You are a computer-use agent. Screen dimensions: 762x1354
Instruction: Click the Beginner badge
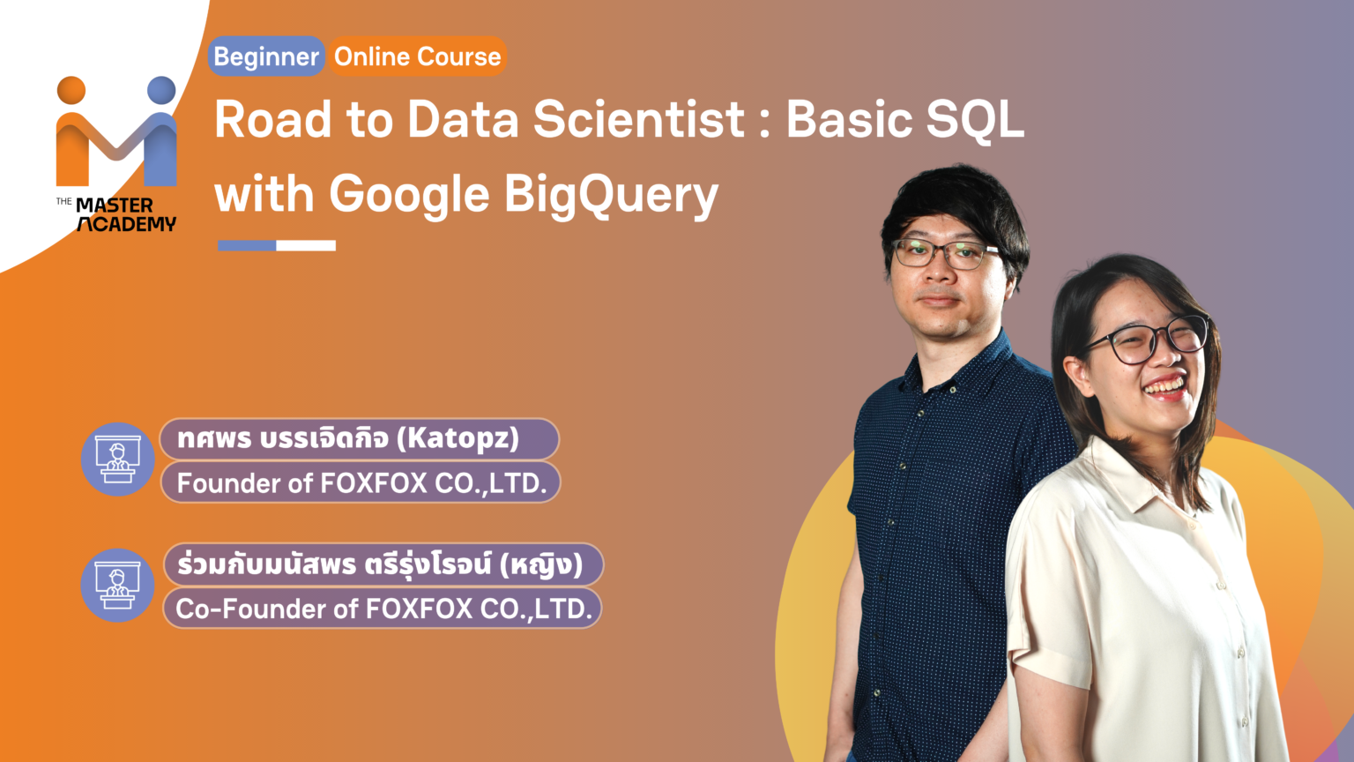pyautogui.click(x=266, y=56)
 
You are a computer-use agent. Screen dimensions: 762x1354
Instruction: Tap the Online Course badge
pyautogui.click(x=417, y=56)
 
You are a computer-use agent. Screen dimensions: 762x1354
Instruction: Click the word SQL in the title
pyautogui.click(x=975, y=120)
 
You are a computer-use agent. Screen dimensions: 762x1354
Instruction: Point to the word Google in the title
pyautogui.click(x=409, y=195)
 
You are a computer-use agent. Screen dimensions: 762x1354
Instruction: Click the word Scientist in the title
pyautogui.click(x=639, y=120)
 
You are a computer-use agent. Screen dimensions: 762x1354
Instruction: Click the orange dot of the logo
pyautogui.click(x=71, y=90)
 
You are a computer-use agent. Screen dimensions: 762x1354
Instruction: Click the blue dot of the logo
pyautogui.click(x=161, y=90)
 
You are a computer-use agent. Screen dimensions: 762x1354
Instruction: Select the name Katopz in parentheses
pyautogui.click(x=458, y=438)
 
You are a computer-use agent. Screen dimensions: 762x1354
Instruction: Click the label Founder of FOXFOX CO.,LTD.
pyautogui.click(x=361, y=483)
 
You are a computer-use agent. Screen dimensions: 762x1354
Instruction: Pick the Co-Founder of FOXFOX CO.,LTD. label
pyautogui.click(x=383, y=609)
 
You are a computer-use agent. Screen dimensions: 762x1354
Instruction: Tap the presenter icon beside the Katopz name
pyautogui.click(x=118, y=459)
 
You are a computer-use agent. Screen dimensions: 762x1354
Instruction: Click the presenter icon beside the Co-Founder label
pyautogui.click(x=118, y=585)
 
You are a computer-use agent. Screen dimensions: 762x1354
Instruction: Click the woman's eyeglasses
pyautogui.click(x=1150, y=339)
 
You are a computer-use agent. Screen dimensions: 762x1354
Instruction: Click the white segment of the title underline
pyautogui.click(x=306, y=245)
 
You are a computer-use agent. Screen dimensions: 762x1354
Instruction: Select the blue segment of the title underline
pyautogui.click(x=247, y=245)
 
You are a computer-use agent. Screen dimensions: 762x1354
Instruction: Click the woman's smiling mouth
pyautogui.click(x=1165, y=386)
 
